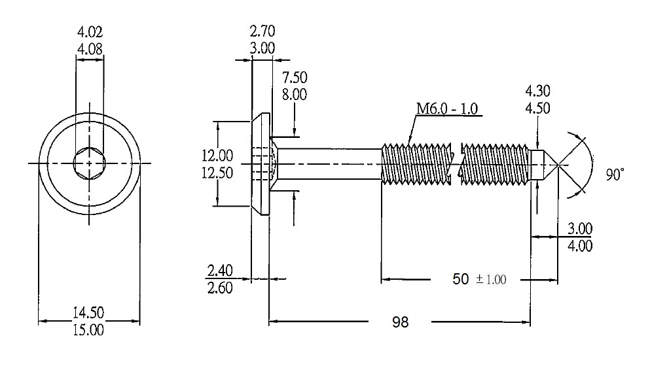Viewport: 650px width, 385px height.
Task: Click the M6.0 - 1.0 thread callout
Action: click(x=449, y=108)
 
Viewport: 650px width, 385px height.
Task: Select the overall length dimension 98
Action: click(x=400, y=322)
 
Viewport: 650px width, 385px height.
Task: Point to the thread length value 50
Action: click(x=461, y=279)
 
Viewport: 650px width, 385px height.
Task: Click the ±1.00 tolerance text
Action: click(x=491, y=280)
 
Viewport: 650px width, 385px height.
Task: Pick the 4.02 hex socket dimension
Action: click(x=90, y=31)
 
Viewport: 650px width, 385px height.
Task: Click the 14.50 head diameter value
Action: click(x=90, y=312)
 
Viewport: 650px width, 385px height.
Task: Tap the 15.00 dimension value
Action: click(x=90, y=329)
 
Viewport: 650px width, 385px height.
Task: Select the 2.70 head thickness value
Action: click(x=262, y=30)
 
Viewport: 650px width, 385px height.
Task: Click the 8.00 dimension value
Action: click(x=295, y=94)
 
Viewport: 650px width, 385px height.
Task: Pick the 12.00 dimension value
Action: click(x=217, y=156)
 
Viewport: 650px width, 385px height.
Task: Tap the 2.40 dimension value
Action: click(x=220, y=270)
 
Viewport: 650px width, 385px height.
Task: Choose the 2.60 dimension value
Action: click(x=220, y=287)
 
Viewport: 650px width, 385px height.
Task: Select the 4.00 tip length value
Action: click(x=581, y=246)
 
